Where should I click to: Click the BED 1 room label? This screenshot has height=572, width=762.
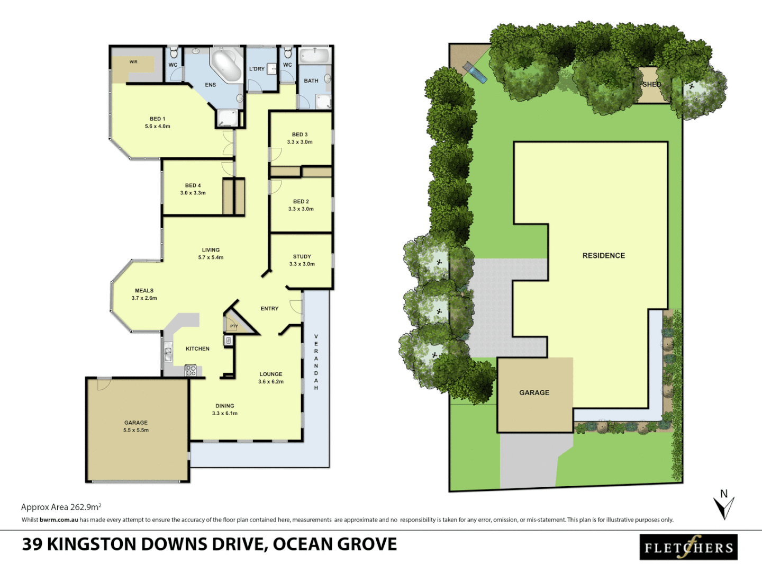157,119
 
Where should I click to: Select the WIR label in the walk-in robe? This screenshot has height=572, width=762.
133,62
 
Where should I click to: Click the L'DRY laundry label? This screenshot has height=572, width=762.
257,69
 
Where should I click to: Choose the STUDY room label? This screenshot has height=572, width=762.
302,256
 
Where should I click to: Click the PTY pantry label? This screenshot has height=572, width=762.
234,326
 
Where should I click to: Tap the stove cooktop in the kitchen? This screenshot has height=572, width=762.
190,370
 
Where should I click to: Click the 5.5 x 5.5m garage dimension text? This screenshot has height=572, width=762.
136,430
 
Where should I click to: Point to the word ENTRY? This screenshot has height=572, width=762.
269,308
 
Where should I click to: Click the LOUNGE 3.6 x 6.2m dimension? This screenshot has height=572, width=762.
271,381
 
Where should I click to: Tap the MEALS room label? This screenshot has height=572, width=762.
144,291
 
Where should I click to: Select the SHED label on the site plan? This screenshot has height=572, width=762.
651,84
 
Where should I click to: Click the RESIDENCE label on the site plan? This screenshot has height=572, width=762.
604,255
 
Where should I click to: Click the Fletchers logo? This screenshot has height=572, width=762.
688,548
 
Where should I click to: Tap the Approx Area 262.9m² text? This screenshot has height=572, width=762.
61,507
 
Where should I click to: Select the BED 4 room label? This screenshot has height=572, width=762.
193,185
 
